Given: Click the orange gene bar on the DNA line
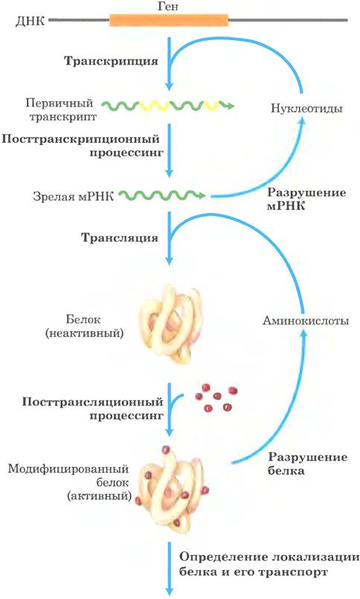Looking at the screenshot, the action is tap(169, 20).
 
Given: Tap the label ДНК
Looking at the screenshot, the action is tap(30, 20).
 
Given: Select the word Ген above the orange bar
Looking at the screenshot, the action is tap(168, 6).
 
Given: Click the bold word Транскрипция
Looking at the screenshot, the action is tap(111, 61).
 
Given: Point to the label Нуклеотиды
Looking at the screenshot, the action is tap(306, 108).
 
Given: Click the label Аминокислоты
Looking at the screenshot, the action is tap(306, 320).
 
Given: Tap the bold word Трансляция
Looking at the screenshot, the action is tap(120, 237).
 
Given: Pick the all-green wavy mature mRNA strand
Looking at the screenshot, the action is tap(162, 195).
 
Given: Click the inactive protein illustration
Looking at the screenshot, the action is tap(170, 324).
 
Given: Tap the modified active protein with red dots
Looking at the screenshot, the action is tap(172, 487).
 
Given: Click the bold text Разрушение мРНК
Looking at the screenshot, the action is tap(306, 199).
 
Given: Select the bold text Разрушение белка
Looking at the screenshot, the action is tap(307, 464).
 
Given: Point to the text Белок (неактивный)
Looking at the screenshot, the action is tap(84, 326).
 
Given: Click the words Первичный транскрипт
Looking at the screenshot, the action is tap(60, 109).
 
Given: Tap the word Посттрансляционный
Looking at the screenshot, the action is tap(92, 402).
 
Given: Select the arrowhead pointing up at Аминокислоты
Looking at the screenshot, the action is tap(304, 334).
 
